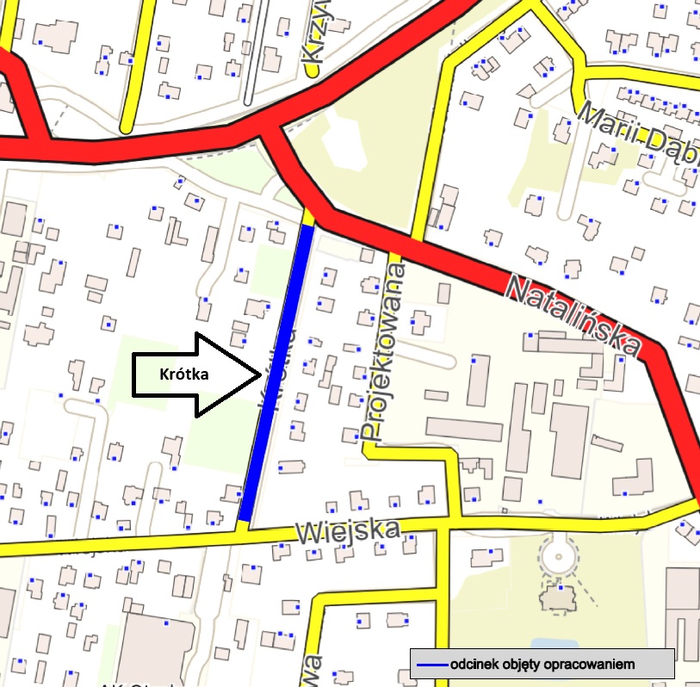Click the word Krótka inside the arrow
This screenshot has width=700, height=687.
[x=185, y=374]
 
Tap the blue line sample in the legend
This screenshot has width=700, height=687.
[x=431, y=665]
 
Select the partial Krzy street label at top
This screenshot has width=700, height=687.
[x=315, y=39]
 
